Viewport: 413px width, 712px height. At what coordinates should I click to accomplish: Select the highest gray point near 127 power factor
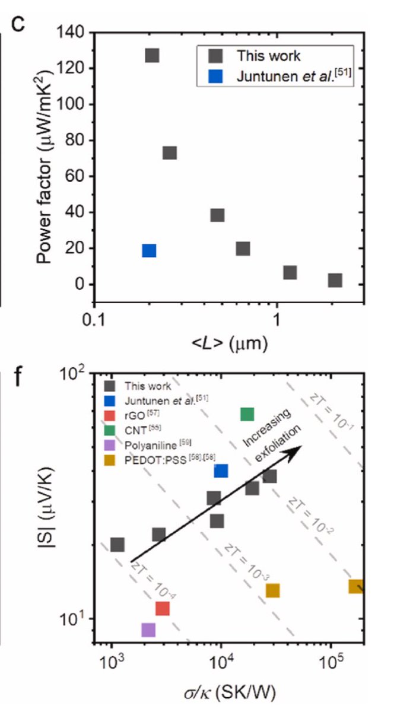(152, 55)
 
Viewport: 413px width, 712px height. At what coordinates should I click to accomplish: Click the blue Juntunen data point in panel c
(149, 250)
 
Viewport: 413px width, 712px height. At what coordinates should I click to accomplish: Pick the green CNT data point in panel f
(247, 414)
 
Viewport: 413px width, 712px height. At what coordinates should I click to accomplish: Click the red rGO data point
(162, 608)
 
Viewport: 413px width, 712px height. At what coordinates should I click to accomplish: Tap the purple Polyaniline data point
(148, 630)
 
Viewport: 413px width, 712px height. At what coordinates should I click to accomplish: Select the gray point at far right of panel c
(335, 280)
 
